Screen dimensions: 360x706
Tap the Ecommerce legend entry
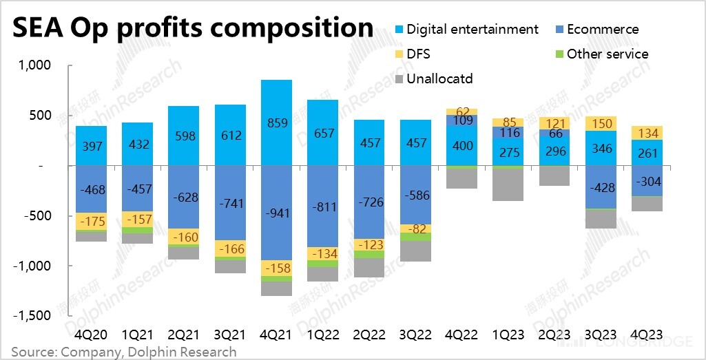click(x=599, y=30)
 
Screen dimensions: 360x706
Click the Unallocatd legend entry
click(x=439, y=78)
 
